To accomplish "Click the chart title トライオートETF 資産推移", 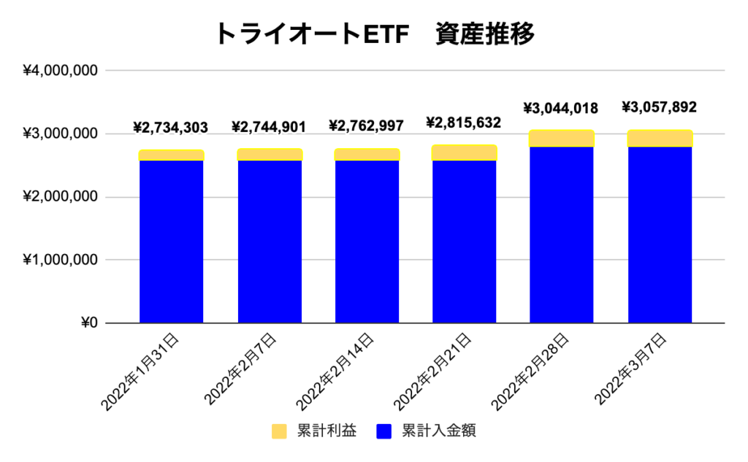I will pos(374,33).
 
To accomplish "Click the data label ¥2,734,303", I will pos(171,128).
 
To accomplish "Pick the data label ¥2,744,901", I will pos(269,127).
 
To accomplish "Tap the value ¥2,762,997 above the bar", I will pos(367,127).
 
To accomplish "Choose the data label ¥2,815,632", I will pos(465,123).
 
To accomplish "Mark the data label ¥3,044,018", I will pos(562,109).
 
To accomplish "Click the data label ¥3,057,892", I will pos(660,107).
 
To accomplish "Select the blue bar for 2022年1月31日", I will pos(171,241).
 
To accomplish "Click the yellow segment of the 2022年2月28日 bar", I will pos(562,139).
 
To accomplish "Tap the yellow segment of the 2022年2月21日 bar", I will pos(465,153).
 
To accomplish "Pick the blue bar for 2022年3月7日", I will pos(660,234).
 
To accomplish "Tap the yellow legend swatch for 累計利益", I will pos(280,431).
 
